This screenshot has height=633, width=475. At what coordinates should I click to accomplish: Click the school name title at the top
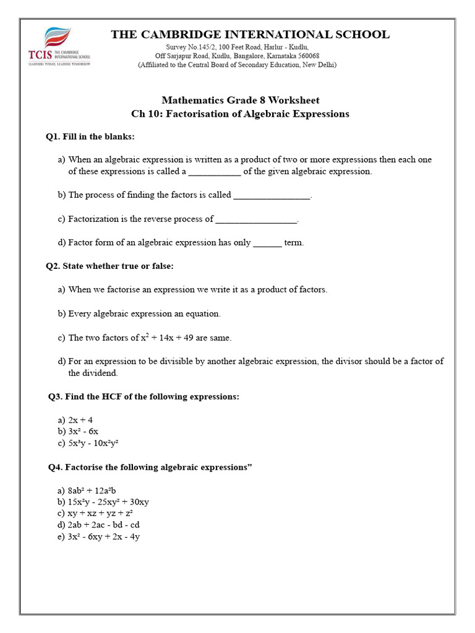250,35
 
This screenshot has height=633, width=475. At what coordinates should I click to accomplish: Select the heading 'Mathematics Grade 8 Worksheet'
241,100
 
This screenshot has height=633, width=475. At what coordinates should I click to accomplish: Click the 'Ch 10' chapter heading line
241,114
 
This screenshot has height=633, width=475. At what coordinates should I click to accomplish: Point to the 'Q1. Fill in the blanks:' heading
90,136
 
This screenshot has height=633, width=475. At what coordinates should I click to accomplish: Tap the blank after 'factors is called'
272,196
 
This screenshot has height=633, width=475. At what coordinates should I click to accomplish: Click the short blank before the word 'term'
267,244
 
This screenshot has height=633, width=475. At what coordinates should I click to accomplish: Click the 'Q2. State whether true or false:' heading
109,266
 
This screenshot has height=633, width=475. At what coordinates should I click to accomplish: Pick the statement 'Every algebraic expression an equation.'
144,313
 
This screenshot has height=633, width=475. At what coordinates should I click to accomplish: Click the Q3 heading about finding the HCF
143,396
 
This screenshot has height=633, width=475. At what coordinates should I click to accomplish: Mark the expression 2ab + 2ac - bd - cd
103,525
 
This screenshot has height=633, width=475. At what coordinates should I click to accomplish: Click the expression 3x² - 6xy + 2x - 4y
104,537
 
